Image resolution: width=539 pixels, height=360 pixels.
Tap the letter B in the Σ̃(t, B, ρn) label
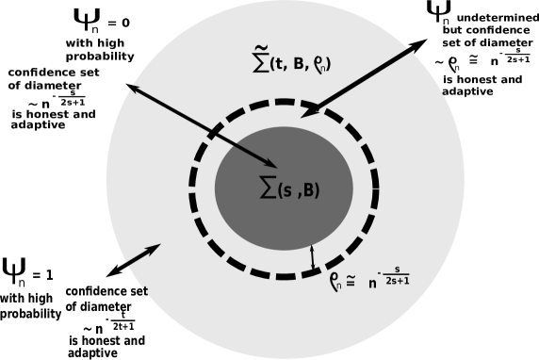pyautogui.click(x=299, y=64)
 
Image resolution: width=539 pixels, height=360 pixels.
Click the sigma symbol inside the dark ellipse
pyautogui.click(x=268, y=188)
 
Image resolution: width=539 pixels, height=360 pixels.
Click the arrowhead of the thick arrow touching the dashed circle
pyautogui.click(x=307, y=111)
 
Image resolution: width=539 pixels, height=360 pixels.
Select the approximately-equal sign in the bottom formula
pyautogui.click(x=350, y=280)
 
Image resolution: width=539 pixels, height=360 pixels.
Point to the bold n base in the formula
pyautogui.click(x=373, y=281)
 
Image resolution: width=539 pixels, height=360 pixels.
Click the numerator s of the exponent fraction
pyautogui.click(x=397, y=270)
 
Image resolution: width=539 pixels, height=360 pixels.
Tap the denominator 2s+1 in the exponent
pyautogui.click(x=397, y=281)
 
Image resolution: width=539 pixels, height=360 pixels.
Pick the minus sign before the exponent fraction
pyautogui.click(x=384, y=272)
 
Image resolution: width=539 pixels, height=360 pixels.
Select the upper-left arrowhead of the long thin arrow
pyautogui.click(x=134, y=88)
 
